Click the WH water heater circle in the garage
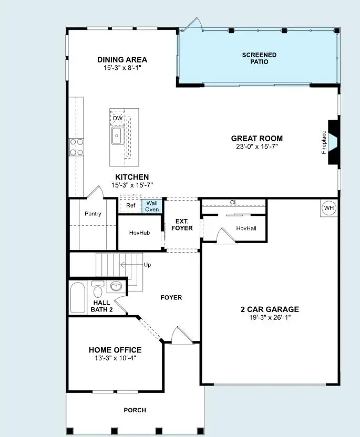(328, 208)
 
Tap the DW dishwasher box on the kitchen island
(118, 118)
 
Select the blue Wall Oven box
(152, 206)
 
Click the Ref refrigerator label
(131, 205)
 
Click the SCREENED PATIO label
(259, 58)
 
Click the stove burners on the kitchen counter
(77, 147)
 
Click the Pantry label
(92, 214)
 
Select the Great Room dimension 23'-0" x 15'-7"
(256, 147)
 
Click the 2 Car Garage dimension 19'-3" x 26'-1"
(269, 318)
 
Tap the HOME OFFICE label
(115, 350)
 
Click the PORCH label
(135, 410)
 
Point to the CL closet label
(233, 203)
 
